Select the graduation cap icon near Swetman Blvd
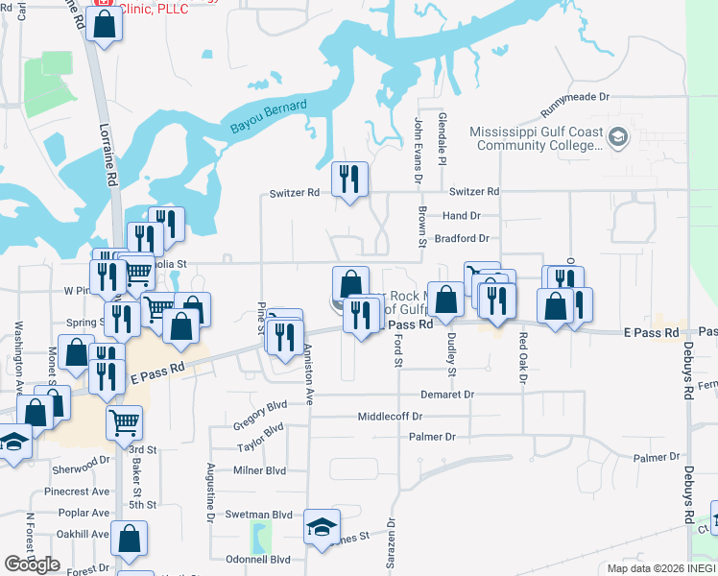click(x=323, y=526)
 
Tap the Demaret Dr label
click(x=447, y=395)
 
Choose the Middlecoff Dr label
click(x=390, y=417)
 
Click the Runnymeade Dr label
click(x=575, y=97)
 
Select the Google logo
click(x=33, y=564)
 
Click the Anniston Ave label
click(x=309, y=375)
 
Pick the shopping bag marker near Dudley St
click(x=446, y=300)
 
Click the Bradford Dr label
click(x=462, y=238)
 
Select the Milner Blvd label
click(x=260, y=470)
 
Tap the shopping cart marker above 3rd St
click(x=124, y=420)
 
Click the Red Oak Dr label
click(x=523, y=357)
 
